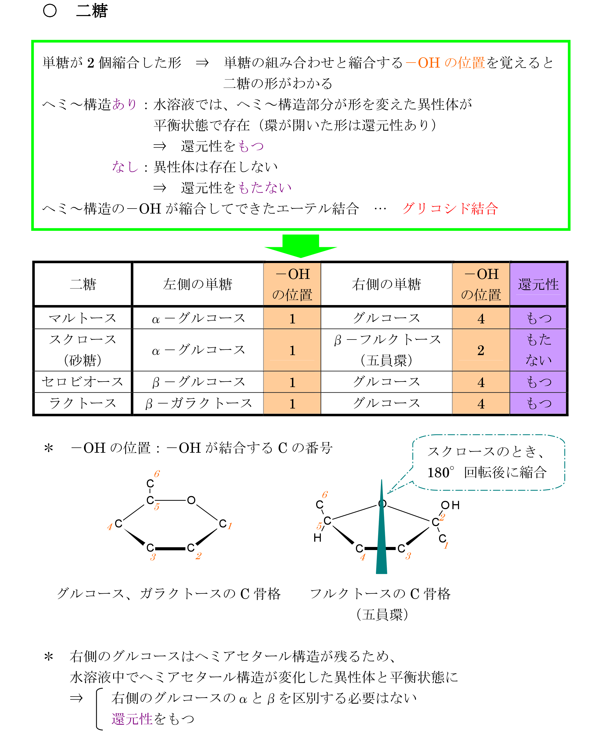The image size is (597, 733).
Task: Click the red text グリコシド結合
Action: pyautogui.click(x=450, y=208)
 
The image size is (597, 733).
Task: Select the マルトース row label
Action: pyautogui.click(x=83, y=318)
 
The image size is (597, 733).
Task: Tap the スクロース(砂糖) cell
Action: pyautogui.click(x=83, y=350)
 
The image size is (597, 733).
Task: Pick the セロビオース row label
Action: pyautogui.click(x=83, y=382)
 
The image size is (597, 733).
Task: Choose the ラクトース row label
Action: pyautogui.click(x=83, y=403)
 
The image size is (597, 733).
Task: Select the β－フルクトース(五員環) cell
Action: pyautogui.click(x=387, y=350)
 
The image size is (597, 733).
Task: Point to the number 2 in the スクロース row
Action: pyautogui.click(x=481, y=350)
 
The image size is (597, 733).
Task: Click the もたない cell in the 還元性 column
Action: pyautogui.click(x=539, y=350)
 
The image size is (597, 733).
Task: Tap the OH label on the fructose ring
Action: pyautogui.click(x=450, y=505)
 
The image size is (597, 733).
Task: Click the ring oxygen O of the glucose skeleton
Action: pyautogui.click(x=191, y=500)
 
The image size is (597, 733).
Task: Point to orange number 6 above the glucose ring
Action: pyautogui.click(x=157, y=474)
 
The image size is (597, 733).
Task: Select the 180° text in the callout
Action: pyautogui.click(x=440, y=473)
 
